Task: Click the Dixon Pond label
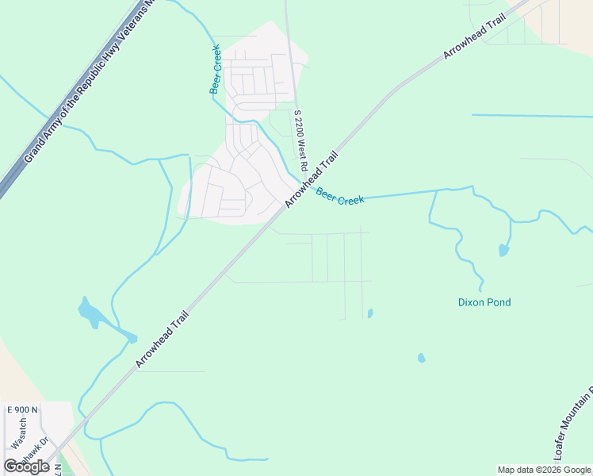pos(484,302)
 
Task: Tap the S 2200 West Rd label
pos(300,134)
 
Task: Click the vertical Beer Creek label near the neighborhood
pos(214,70)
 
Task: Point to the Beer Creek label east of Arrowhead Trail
pos(340,196)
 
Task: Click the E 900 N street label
pos(21,409)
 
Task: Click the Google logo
pos(27,466)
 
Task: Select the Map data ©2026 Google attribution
pos(544,470)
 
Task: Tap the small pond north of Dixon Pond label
pos(503,251)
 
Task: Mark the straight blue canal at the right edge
pos(531,116)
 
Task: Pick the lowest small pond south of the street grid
pos(421,358)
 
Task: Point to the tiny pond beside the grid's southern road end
pos(370,313)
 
